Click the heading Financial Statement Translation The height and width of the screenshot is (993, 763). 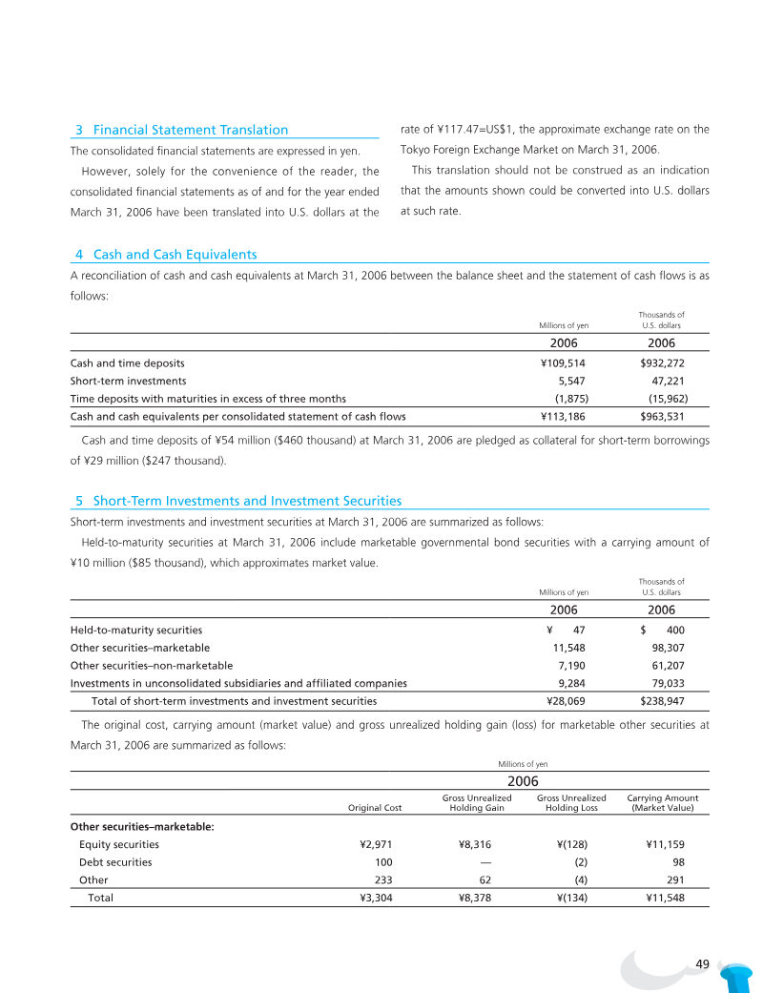(x=190, y=130)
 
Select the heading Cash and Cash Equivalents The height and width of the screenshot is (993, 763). (x=175, y=255)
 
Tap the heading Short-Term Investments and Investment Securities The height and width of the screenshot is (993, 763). (x=247, y=501)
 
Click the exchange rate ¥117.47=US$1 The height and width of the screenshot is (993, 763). (x=476, y=130)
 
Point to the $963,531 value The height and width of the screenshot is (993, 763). (x=662, y=417)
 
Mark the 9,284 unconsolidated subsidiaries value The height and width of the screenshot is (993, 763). (x=574, y=683)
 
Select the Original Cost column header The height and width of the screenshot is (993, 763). (x=375, y=808)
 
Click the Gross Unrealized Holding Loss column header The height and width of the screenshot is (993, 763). (x=571, y=803)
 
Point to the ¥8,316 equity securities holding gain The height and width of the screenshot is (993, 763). (x=475, y=844)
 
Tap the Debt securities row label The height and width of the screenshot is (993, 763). (x=115, y=862)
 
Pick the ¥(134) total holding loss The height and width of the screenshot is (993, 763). (x=570, y=898)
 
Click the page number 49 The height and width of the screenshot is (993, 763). (x=703, y=963)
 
